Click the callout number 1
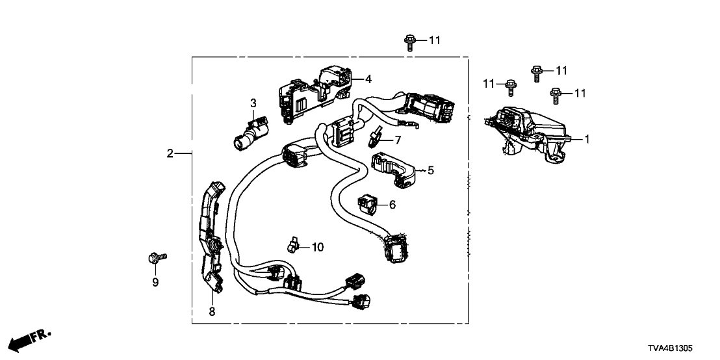[x=586, y=138]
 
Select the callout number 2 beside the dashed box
[x=170, y=154]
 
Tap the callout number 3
[x=253, y=103]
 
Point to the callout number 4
[x=368, y=79]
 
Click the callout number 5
[x=431, y=170]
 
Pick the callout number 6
[x=392, y=205]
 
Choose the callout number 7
[x=398, y=140]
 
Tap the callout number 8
[x=212, y=312]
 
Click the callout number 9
[x=155, y=283]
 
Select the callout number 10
[x=318, y=248]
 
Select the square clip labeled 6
[x=367, y=204]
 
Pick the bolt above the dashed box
[x=410, y=43]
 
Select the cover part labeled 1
[x=527, y=134]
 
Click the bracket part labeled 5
[x=393, y=170]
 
